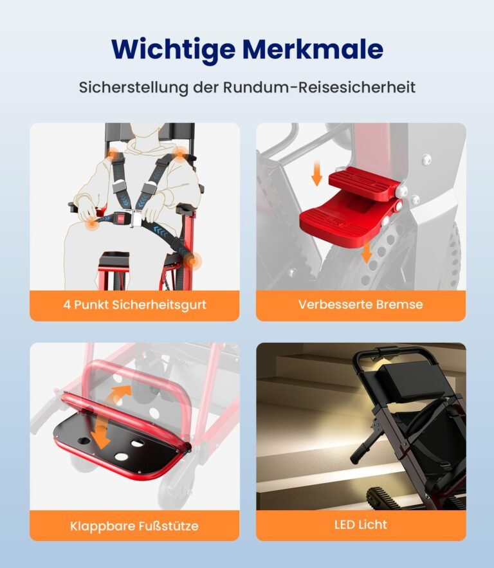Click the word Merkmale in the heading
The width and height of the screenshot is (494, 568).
[x=313, y=48]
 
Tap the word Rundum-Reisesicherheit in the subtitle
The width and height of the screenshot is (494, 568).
[x=319, y=87]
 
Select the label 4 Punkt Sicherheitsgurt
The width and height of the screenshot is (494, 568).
[x=134, y=305]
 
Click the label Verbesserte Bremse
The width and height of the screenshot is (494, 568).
[x=361, y=304]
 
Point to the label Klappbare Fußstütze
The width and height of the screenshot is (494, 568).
[x=134, y=526]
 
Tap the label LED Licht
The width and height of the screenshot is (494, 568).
[x=361, y=524]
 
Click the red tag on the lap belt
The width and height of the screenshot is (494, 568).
[x=120, y=218]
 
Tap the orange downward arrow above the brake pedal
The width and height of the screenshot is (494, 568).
[x=317, y=174]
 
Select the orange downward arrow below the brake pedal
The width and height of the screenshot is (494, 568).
[x=367, y=252]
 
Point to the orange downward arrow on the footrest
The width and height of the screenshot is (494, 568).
[x=100, y=432]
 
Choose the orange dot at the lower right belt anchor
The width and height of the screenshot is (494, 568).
[x=192, y=261]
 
